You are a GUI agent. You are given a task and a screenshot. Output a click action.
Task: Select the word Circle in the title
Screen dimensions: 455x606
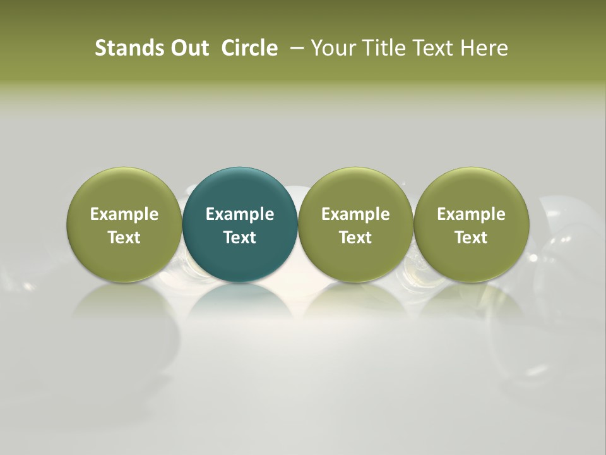(x=249, y=48)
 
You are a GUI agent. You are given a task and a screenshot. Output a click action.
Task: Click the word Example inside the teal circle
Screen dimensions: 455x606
(x=240, y=214)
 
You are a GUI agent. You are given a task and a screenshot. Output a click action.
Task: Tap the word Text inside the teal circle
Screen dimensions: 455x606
(x=240, y=238)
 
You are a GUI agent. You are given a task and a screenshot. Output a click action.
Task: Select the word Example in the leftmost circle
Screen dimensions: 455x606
(x=124, y=214)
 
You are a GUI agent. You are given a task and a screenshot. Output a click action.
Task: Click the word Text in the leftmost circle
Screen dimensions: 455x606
(x=124, y=238)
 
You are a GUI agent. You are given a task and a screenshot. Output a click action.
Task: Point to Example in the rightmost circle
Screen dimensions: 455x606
(x=471, y=214)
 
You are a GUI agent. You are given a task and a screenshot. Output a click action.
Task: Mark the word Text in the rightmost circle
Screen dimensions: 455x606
(x=471, y=238)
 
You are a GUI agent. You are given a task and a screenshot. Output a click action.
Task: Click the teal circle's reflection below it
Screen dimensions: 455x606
(x=240, y=303)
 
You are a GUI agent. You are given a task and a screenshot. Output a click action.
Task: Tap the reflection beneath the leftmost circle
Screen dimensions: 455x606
(x=124, y=303)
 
